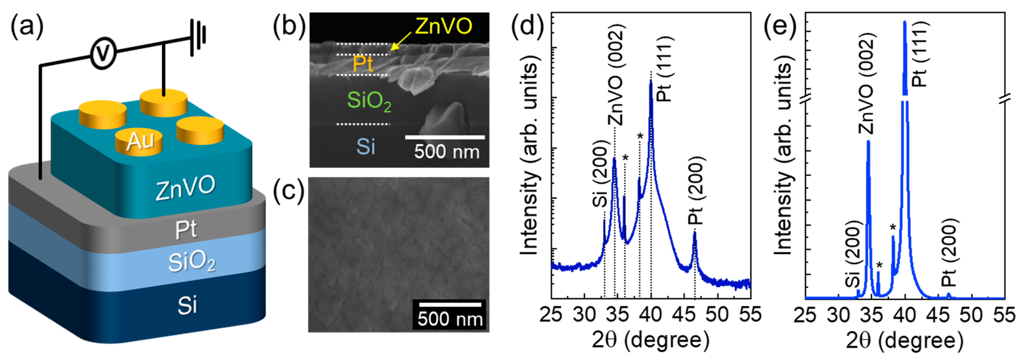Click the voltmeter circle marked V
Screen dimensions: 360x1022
[x=103, y=54]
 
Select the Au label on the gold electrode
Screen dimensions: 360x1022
[x=140, y=141]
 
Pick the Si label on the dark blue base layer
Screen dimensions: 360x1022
[x=187, y=305]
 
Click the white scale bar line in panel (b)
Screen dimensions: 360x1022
[x=445, y=137]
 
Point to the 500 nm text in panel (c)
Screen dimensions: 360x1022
[x=450, y=319]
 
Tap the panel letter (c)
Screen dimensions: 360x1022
[x=289, y=191]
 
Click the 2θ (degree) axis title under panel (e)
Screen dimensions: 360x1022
[x=905, y=341]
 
